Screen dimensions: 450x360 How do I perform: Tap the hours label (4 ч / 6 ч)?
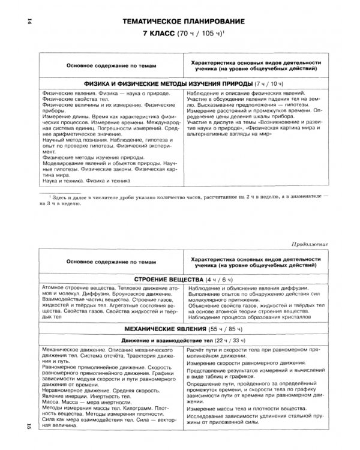pyautogui.click(x=220, y=280)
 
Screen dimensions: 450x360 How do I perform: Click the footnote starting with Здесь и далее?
pyautogui.click(x=180, y=198)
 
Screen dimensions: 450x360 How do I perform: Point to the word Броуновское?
pyautogui.click(x=111, y=295)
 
